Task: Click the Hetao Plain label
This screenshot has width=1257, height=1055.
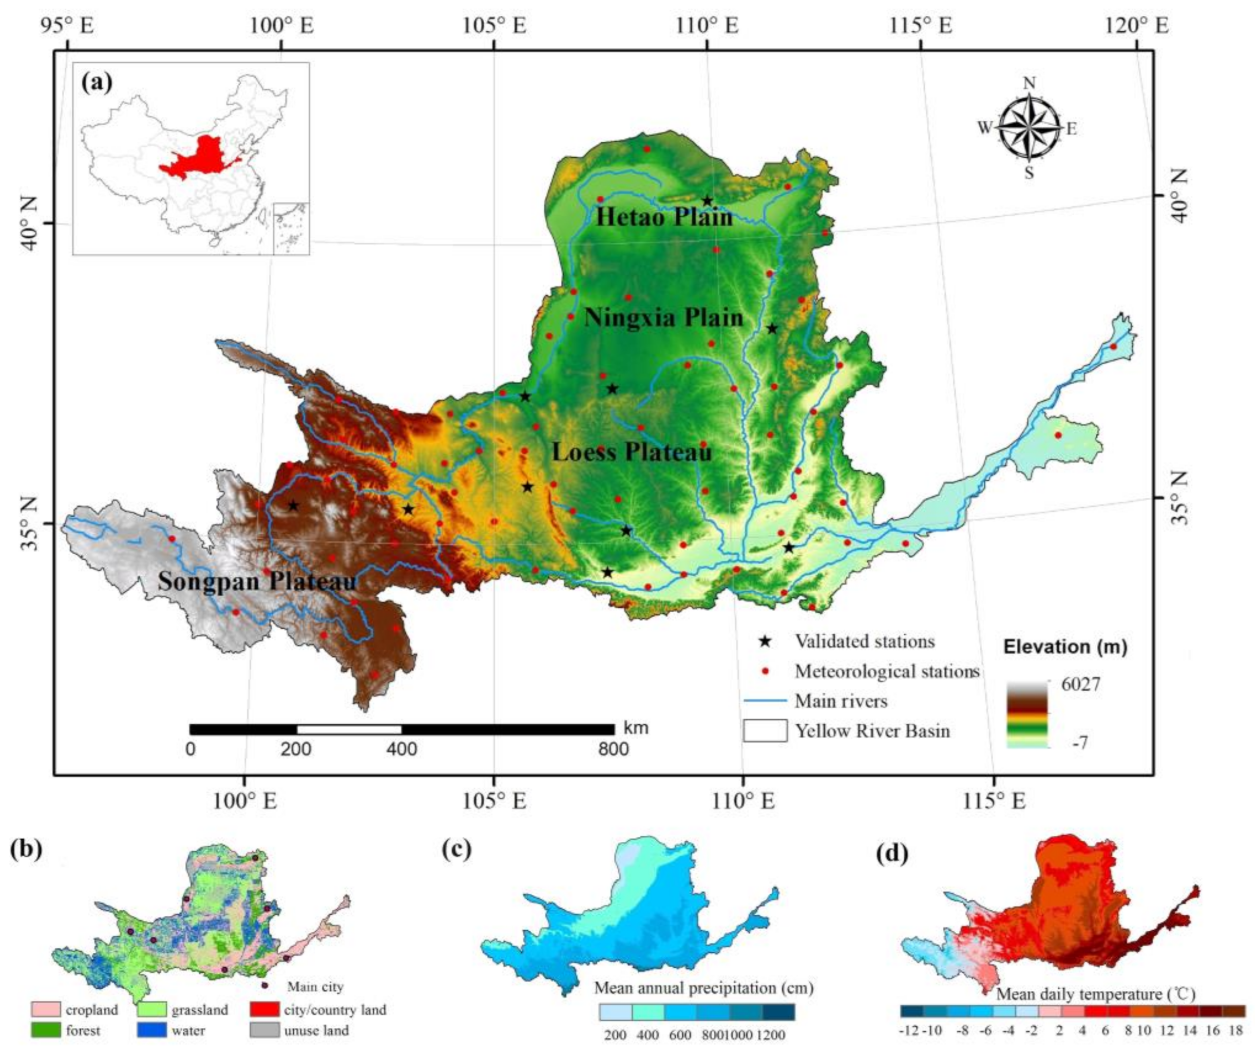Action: [x=664, y=217]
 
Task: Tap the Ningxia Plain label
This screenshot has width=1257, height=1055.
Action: [x=663, y=317]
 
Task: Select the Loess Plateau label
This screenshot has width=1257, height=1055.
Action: [x=632, y=452]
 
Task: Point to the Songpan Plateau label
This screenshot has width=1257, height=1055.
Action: [x=257, y=581]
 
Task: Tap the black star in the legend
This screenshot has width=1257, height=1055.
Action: [x=765, y=641]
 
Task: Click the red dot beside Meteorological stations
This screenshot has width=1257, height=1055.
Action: [x=765, y=672]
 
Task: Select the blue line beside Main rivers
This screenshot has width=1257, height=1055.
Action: [x=765, y=701]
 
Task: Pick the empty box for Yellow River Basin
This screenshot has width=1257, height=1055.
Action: [x=765, y=731]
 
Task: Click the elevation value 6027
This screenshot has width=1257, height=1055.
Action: [x=1080, y=684]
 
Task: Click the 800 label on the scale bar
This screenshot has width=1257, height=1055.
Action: [x=614, y=749]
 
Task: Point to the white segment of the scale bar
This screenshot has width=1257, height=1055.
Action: [x=349, y=729]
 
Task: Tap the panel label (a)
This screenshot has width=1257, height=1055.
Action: [x=97, y=82]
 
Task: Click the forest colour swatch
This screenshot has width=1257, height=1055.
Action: [x=46, y=1030]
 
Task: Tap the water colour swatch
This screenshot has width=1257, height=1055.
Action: [x=152, y=1030]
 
